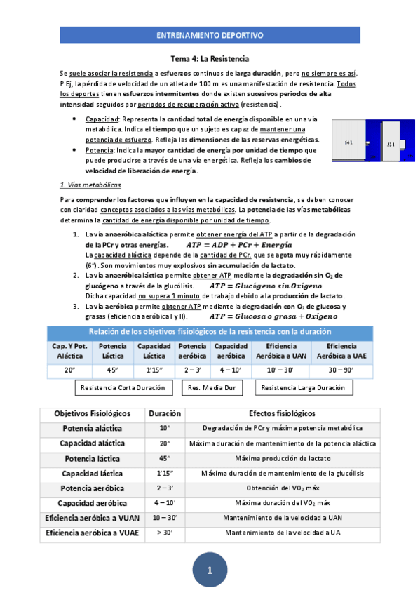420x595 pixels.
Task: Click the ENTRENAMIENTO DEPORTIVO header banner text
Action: (x=210, y=34)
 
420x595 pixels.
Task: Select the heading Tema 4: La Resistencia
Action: (x=210, y=59)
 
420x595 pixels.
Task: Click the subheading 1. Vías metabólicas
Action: (x=90, y=185)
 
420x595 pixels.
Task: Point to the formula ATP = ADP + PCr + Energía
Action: (x=239, y=245)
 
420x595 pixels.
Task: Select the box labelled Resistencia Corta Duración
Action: (x=123, y=387)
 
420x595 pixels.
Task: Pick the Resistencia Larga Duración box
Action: (x=303, y=387)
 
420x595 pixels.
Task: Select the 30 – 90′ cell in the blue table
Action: (x=341, y=370)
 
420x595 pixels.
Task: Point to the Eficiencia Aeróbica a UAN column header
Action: (x=280, y=352)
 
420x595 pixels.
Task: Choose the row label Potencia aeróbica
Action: (x=92, y=488)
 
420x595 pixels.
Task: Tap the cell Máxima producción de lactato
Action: (x=282, y=458)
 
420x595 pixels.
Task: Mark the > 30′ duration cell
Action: (x=164, y=533)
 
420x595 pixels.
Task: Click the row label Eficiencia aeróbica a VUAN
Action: (x=92, y=518)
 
